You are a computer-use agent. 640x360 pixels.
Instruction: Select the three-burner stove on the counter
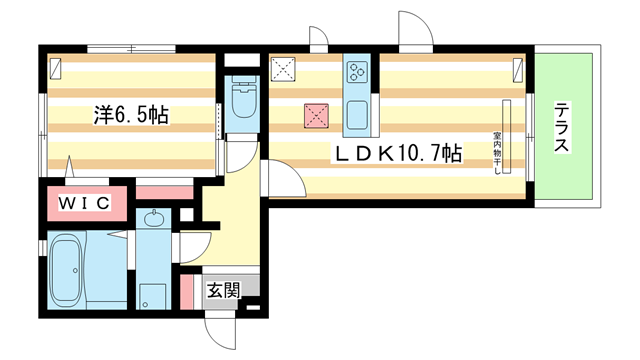pos(357,71)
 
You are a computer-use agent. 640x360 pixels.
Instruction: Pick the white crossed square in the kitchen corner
pos(283,70)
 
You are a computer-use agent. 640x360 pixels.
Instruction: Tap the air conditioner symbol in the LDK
pos(518,71)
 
